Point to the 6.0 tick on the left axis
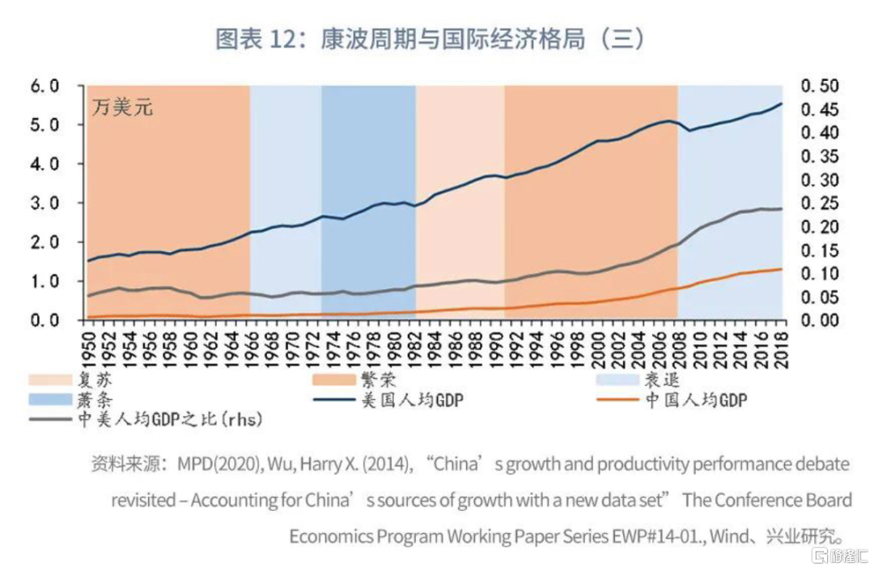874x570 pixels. coord(45,86)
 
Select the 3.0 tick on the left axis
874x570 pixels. coord(45,203)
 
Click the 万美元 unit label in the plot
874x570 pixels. coord(121,106)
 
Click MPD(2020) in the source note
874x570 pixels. coord(208,465)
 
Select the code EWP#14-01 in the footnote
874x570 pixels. coord(687,536)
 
